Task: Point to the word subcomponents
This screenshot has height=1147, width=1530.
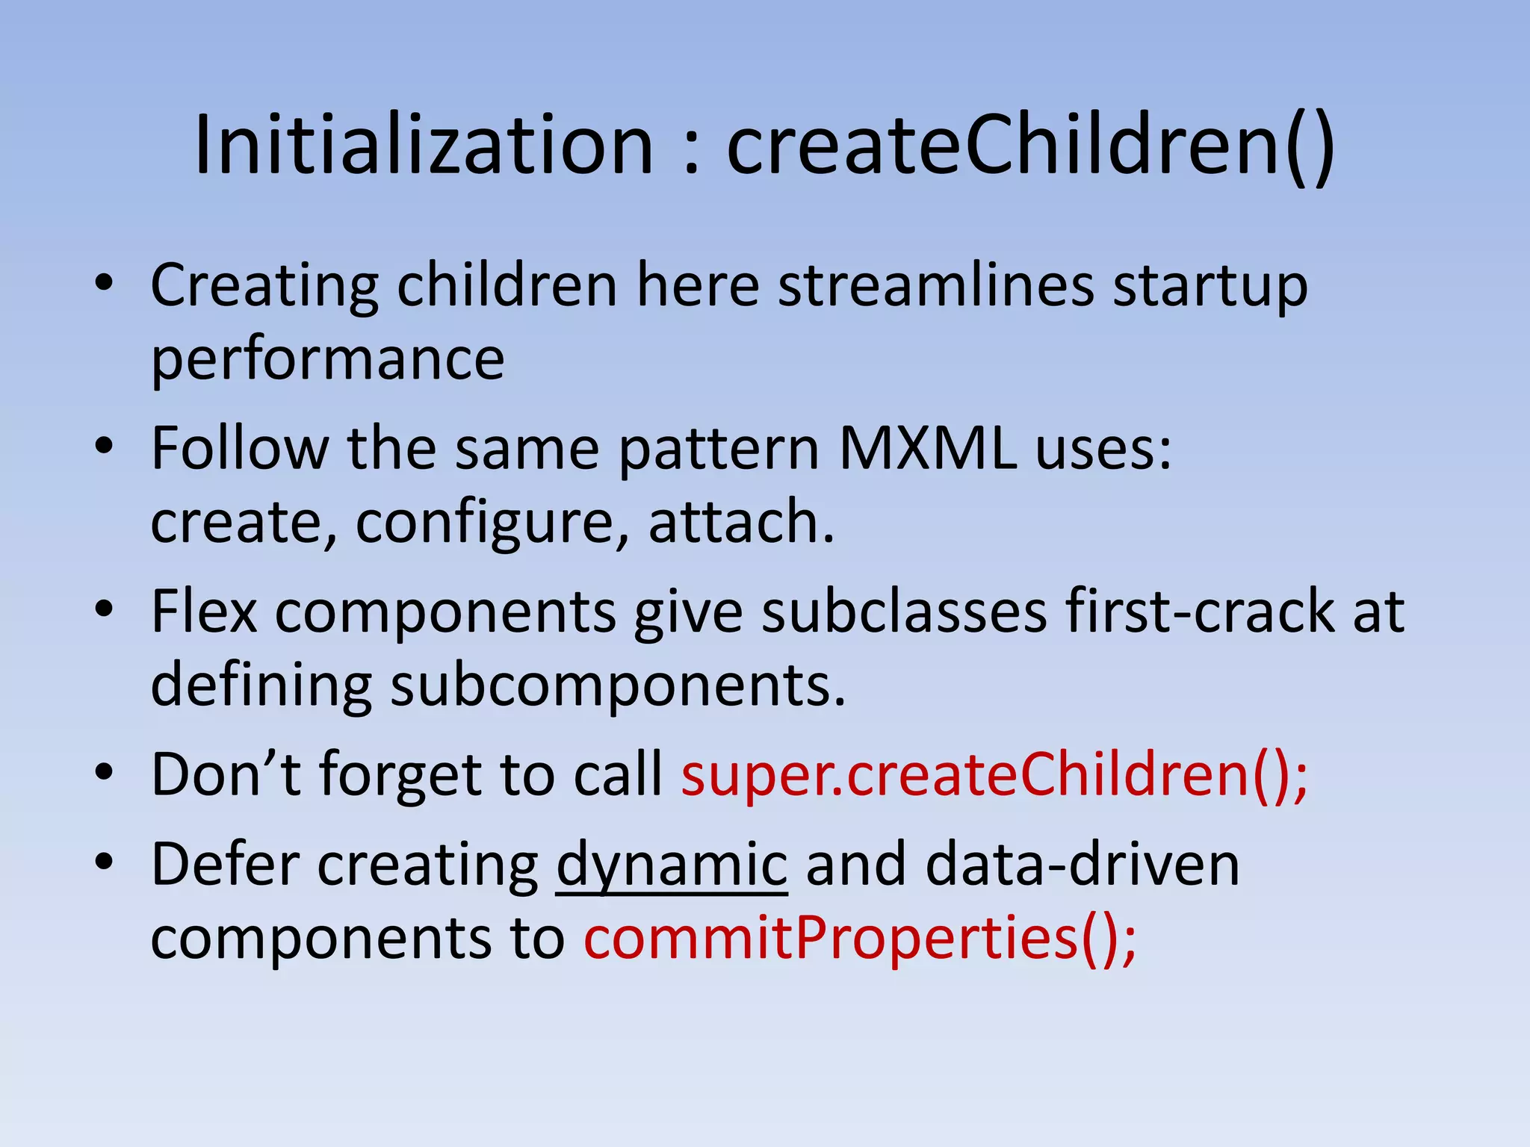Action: pyautogui.click(x=617, y=685)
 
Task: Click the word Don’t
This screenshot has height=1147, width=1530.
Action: pyautogui.click(x=226, y=774)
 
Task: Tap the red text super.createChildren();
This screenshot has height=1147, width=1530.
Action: pyautogui.click(x=994, y=774)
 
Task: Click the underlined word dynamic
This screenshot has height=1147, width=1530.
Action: pyautogui.click(x=672, y=865)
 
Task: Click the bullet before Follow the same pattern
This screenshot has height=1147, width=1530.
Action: pyautogui.click(x=104, y=447)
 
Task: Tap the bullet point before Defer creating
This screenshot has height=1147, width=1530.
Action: pyautogui.click(x=104, y=863)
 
